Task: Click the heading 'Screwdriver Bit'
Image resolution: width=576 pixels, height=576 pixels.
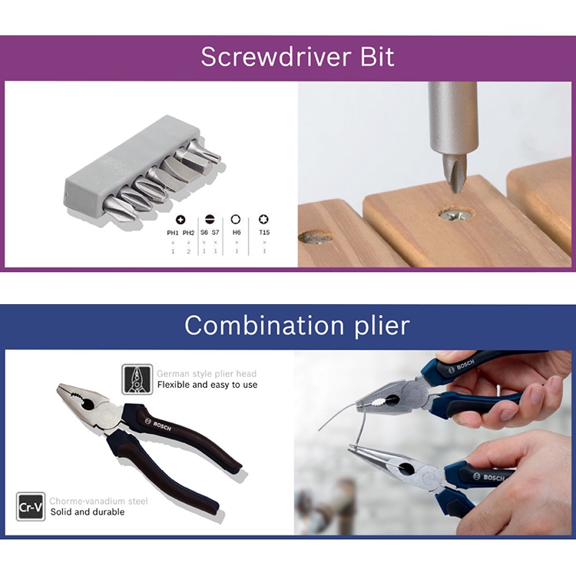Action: tap(297, 57)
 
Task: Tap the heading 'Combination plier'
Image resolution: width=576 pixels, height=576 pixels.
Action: tap(296, 325)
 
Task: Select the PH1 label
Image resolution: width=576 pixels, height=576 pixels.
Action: tap(173, 232)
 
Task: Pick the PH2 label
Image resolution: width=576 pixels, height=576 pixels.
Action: tap(188, 232)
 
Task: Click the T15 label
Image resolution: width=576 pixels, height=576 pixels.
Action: tap(264, 232)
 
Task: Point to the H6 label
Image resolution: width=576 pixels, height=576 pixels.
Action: tap(237, 232)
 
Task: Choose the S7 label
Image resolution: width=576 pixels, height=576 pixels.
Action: tap(216, 232)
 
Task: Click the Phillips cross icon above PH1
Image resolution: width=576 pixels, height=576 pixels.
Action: tap(180, 219)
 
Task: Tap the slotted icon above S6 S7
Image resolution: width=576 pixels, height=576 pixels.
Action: tap(209, 219)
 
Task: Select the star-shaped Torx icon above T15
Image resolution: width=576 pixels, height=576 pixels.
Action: tap(264, 219)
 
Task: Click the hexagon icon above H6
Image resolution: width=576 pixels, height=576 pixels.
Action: tap(237, 219)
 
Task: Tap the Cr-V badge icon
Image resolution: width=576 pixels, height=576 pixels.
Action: tap(31, 507)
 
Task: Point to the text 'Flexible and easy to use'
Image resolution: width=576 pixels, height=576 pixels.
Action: tap(207, 385)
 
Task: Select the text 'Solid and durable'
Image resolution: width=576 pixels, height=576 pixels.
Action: tap(88, 511)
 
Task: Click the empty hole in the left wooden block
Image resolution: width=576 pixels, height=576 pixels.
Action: tap(315, 237)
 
